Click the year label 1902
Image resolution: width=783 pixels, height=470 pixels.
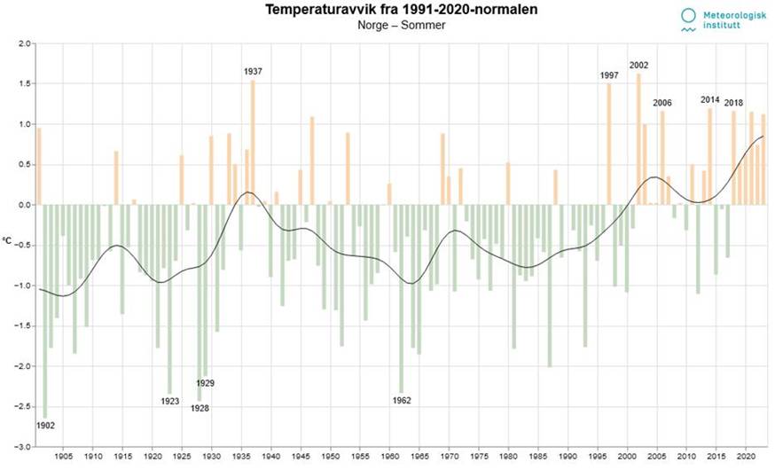(46, 425)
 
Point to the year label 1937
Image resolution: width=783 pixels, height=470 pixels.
(253, 71)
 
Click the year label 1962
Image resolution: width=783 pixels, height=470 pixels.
(402, 400)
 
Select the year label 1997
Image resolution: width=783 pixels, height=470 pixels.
(608, 75)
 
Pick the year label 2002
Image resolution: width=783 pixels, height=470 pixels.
(638, 65)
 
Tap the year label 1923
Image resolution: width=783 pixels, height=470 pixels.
(170, 401)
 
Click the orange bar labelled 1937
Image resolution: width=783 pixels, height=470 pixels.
(253, 142)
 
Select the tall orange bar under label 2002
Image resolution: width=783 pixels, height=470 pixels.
(638, 138)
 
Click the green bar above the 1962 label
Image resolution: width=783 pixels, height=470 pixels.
(402, 298)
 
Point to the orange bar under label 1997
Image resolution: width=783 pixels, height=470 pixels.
(608, 144)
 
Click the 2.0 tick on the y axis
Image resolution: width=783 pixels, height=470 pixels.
(24, 43)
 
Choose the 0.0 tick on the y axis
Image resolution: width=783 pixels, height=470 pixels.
(24, 205)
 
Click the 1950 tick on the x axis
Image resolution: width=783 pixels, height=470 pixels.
(330, 456)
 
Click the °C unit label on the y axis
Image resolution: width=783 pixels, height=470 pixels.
(7, 240)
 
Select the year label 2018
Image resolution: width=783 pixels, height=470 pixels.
(734, 103)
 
